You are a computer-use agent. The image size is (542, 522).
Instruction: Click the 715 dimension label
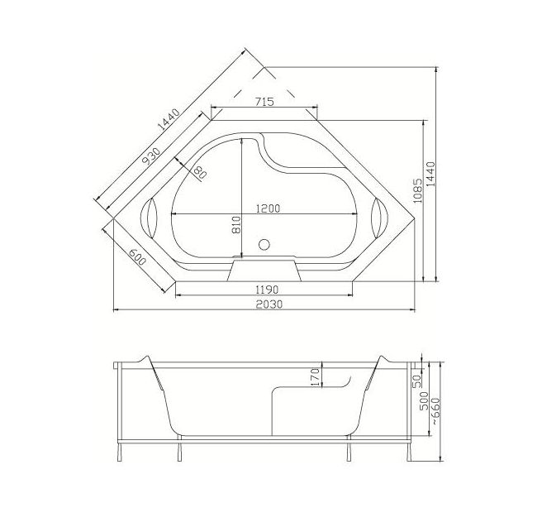point(264,102)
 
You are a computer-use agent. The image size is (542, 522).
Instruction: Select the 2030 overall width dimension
point(269,304)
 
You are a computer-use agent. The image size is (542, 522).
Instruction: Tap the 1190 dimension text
point(267,289)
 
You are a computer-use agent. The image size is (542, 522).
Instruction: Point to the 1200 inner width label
point(268,208)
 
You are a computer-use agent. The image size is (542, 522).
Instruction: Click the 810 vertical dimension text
point(236,225)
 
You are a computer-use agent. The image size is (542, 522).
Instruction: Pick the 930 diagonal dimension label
point(151,156)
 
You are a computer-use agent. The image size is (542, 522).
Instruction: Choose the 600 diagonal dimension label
point(137,256)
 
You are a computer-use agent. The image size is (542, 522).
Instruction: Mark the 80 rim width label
point(200,172)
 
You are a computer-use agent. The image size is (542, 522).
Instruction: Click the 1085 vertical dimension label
point(417,191)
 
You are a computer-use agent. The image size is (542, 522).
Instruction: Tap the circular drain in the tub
point(264,245)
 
